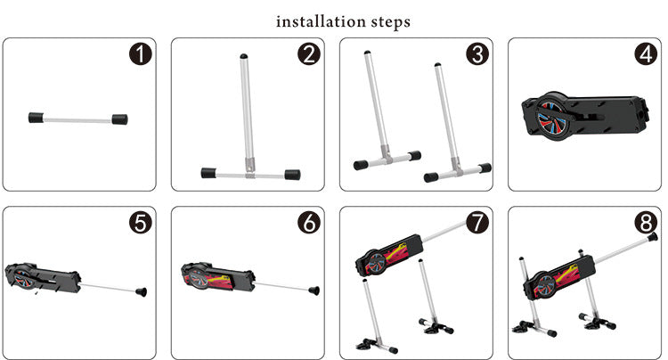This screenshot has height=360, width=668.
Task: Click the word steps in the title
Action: (391, 22)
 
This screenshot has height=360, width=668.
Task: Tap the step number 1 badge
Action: (141, 54)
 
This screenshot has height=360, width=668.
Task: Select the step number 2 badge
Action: (309, 54)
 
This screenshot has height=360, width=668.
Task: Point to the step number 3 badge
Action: (477, 54)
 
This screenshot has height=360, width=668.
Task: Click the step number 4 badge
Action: (646, 54)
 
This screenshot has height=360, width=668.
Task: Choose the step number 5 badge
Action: (141, 223)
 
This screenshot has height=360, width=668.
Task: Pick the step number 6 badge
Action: (309, 223)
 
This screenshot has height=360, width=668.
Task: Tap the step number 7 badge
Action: (477, 223)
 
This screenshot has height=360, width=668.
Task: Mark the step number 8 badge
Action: (646, 223)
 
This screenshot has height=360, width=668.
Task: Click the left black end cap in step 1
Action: (37, 118)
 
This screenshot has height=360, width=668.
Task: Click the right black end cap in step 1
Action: (119, 119)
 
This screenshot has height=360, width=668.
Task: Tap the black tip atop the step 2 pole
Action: (244, 56)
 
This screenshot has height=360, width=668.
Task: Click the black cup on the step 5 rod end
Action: (141, 292)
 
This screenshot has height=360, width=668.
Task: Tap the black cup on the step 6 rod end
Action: (314, 290)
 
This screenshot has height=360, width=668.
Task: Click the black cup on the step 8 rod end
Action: (651, 237)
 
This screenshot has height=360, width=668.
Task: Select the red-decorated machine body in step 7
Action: (389, 255)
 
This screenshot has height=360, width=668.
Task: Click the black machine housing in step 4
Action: (585, 116)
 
